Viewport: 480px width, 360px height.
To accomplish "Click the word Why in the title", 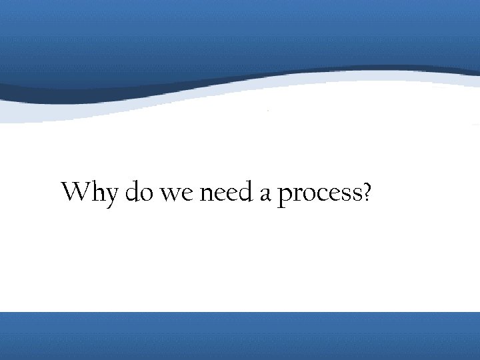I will coord(89,193).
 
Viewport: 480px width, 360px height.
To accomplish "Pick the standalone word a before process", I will coord(265,195).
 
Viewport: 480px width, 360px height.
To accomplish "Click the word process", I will coord(319,195).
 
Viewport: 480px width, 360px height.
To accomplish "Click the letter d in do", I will coord(133,192).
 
